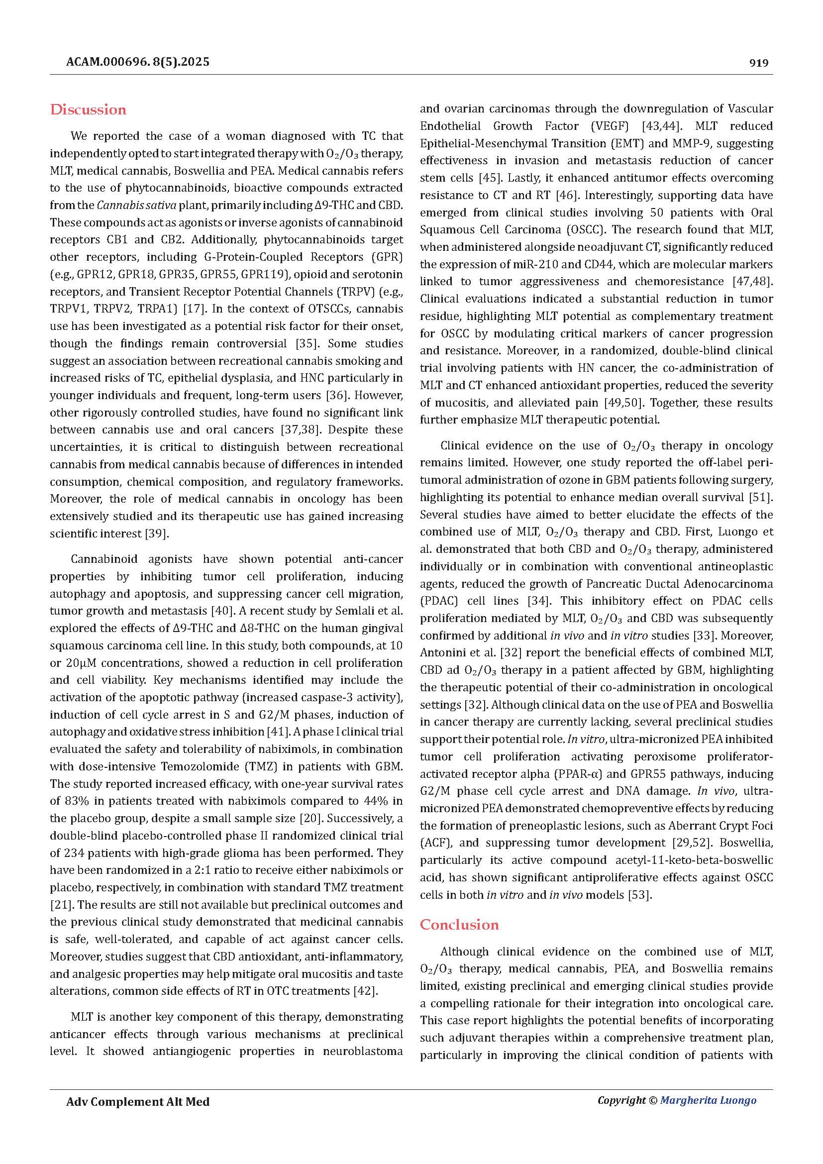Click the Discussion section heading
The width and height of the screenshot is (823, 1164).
88,110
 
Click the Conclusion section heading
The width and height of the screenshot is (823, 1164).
459,925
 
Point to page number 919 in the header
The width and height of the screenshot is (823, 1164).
759,63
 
